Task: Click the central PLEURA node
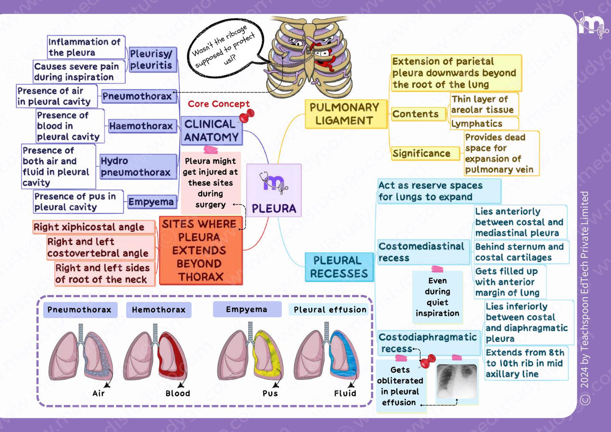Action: (x=274, y=190)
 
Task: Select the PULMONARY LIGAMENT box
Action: (x=346, y=114)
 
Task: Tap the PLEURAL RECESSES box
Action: (x=339, y=267)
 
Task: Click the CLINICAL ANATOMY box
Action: (x=212, y=131)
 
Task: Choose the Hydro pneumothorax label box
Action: (x=138, y=167)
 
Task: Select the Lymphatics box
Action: (x=484, y=124)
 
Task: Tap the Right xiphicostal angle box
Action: (x=94, y=227)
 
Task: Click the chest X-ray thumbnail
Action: (x=457, y=381)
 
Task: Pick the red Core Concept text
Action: (x=219, y=104)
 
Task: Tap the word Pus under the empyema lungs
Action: (x=270, y=393)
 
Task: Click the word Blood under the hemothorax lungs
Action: (x=178, y=393)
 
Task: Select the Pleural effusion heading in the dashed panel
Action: (x=330, y=309)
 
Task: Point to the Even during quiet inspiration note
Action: (x=437, y=297)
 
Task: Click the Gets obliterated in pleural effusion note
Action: (x=400, y=386)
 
